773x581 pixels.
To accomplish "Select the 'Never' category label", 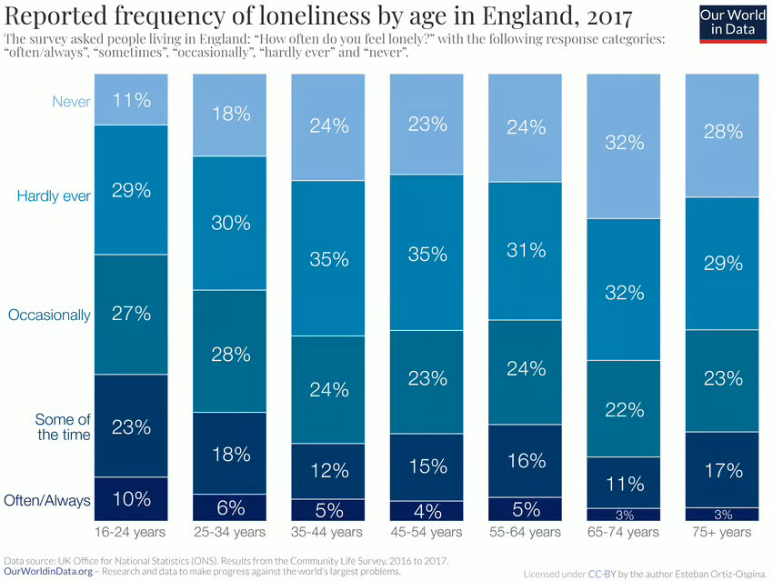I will pyautogui.click(x=72, y=101).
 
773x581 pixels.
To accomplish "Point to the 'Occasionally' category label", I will pyautogui.click(x=49, y=315).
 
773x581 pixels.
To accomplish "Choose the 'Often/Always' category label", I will pyautogui.click(x=47, y=499).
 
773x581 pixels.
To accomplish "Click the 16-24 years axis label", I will pyautogui.click(x=131, y=532).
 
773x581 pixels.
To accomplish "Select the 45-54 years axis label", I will pyautogui.click(x=427, y=532).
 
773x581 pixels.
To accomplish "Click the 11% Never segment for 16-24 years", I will pyautogui.click(x=132, y=99).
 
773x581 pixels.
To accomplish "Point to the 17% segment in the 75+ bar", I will pyautogui.click(x=722, y=470).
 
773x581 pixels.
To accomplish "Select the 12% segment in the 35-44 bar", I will pyautogui.click(x=328, y=471).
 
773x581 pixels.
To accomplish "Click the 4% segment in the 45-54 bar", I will pyautogui.click(x=427, y=511).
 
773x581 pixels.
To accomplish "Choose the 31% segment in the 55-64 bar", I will pyautogui.click(x=526, y=251).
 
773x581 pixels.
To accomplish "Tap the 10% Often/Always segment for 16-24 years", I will pyautogui.click(x=132, y=499).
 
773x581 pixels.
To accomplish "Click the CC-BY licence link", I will pyautogui.click(x=600, y=574).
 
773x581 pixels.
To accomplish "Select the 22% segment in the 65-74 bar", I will pyautogui.click(x=624, y=409).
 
